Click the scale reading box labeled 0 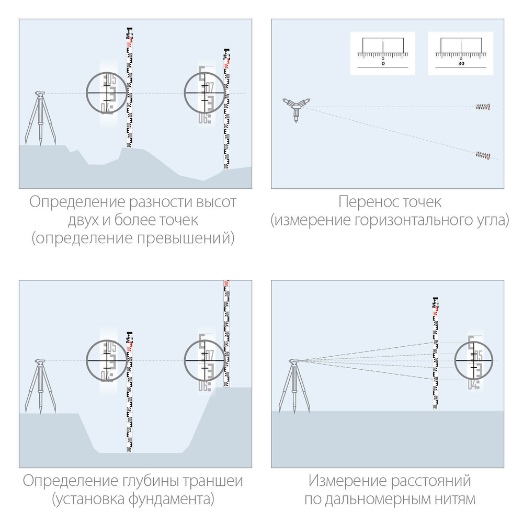click(382, 53)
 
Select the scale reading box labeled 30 click(461, 53)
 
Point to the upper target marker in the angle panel click(483, 107)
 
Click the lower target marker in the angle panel click(483, 155)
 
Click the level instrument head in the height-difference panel click(40, 94)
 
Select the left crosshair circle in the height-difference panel click(107, 93)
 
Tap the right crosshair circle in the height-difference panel click(205, 93)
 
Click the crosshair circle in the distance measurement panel click(474, 360)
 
